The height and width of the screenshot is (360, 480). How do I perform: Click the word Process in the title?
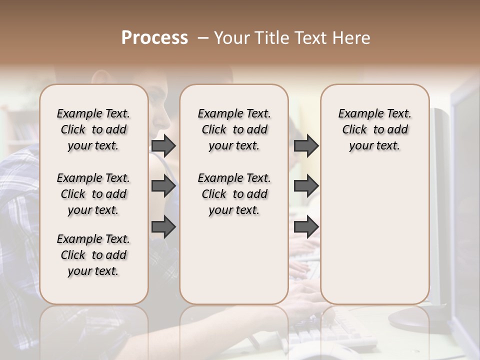click(x=154, y=38)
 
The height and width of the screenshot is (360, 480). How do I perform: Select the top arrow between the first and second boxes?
click(x=163, y=146)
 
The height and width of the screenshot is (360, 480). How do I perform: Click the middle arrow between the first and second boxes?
click(x=163, y=186)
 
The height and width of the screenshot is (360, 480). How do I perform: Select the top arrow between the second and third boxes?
click(x=306, y=146)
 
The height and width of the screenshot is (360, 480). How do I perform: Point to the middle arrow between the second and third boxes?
click(x=306, y=186)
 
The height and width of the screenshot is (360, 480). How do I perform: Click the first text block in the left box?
click(x=93, y=129)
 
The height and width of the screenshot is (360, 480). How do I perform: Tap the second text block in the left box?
click(x=93, y=194)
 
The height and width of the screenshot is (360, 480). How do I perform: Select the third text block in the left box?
click(x=93, y=255)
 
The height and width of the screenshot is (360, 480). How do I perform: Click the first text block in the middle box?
click(x=234, y=129)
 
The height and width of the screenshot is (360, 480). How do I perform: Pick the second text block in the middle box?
click(x=234, y=194)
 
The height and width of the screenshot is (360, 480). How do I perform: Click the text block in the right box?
click(x=374, y=129)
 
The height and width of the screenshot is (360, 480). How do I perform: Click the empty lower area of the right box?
click(x=374, y=235)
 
